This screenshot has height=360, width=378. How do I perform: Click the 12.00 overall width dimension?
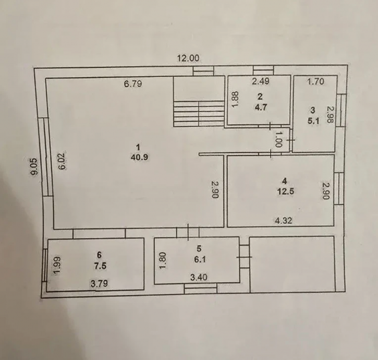click(188, 58)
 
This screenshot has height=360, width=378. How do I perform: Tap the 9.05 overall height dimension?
click(35, 166)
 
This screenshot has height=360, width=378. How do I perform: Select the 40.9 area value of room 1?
click(139, 158)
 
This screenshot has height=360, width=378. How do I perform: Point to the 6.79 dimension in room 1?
click(133, 83)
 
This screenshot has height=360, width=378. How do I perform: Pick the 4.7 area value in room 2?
click(261, 107)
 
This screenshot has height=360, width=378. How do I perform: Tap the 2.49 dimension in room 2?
click(261, 81)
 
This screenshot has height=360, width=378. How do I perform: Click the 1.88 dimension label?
click(236, 100)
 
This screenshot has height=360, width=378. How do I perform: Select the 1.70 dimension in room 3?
click(315, 81)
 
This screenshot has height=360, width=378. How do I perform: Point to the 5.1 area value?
click(313, 121)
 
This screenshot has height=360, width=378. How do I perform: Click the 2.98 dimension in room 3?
click(330, 115)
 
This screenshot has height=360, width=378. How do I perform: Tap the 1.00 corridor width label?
click(278, 139)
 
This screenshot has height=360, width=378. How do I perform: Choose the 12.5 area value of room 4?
click(286, 191)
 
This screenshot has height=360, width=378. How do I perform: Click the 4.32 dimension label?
click(284, 220)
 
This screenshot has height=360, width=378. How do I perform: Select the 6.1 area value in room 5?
click(200, 259)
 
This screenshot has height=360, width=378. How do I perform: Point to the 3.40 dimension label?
click(199, 277)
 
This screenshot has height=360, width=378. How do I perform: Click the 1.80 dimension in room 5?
click(163, 260)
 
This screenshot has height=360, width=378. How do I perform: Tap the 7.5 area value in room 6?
click(100, 266)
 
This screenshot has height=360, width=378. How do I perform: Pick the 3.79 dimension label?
click(99, 283)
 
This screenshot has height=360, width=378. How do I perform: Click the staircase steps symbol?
click(199, 113)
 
